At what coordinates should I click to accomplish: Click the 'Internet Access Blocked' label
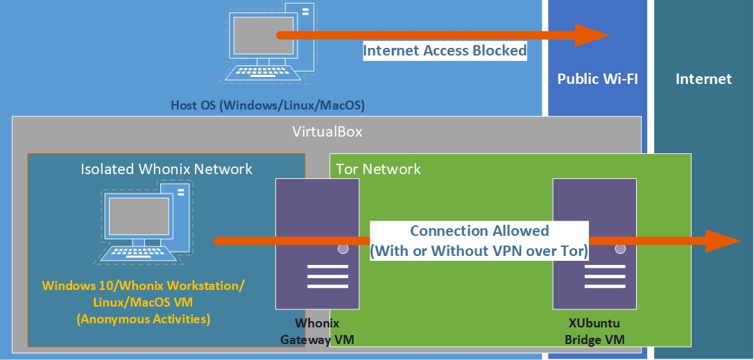[445, 51]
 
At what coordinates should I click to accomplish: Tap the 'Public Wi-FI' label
[597, 79]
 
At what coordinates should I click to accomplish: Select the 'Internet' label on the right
[703, 79]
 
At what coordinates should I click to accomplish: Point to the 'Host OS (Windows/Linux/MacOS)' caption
[268, 106]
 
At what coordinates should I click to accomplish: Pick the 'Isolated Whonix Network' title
[166, 169]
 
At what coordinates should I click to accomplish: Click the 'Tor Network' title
[378, 169]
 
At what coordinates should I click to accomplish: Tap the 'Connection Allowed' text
[479, 231]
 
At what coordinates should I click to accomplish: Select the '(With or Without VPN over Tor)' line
[479, 251]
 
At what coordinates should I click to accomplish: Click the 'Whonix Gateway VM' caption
[317, 332]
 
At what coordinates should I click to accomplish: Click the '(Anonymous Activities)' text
[144, 319]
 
